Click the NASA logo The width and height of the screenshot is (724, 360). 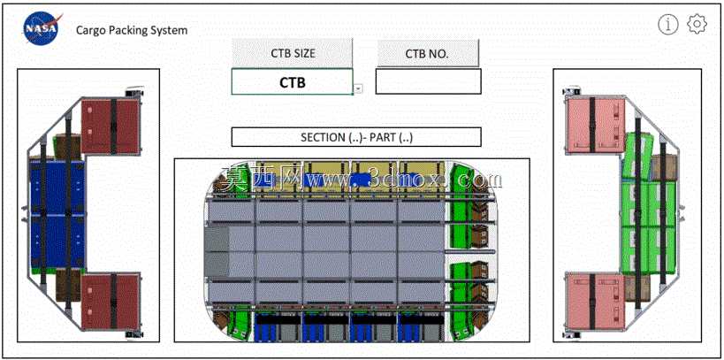[x=42, y=28]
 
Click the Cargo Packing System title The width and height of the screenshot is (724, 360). [x=132, y=30]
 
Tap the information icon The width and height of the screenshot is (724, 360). [x=668, y=25]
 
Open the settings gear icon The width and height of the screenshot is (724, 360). [x=697, y=24]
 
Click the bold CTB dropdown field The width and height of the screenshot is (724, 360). [x=292, y=81]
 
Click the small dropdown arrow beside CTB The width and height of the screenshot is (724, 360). [x=358, y=88]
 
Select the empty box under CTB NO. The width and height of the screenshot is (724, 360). [x=428, y=81]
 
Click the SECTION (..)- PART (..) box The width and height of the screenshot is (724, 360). [x=356, y=137]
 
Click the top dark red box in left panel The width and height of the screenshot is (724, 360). [x=111, y=126]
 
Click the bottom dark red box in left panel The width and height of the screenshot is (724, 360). [x=111, y=301]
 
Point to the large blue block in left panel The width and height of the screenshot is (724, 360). [x=57, y=214]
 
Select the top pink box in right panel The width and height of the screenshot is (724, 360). [x=596, y=126]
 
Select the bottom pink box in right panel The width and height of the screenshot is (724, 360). [x=596, y=302]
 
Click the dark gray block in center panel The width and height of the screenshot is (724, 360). [x=217, y=251]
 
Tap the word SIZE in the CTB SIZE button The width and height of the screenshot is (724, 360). [x=303, y=53]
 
